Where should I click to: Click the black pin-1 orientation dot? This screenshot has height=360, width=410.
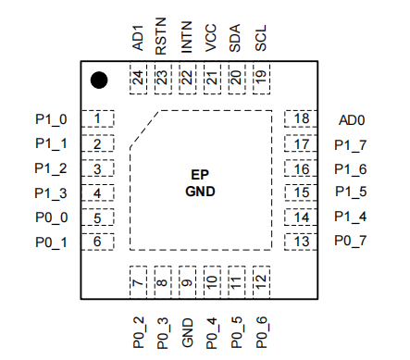pyautogui.click(x=99, y=81)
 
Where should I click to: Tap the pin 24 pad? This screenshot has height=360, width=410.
pyautogui.click(x=138, y=79)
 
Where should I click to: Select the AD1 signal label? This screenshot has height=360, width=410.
pyautogui.click(x=138, y=38)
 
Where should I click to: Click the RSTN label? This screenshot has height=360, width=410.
pyautogui.click(x=161, y=36)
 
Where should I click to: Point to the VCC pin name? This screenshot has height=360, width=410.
pyautogui.click(x=211, y=38)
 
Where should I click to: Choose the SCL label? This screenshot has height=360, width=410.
pyautogui.click(x=261, y=38)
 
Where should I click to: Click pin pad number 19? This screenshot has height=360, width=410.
pyautogui.click(x=261, y=79)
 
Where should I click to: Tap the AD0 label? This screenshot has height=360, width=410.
pyautogui.click(x=352, y=120)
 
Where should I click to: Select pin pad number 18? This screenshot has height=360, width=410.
pyautogui.click(x=301, y=118)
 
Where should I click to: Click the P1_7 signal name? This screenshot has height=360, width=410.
pyautogui.click(x=351, y=145)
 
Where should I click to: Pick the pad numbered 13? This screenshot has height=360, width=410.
pyautogui.click(x=301, y=242)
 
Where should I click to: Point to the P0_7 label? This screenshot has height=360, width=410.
pyautogui.click(x=351, y=241)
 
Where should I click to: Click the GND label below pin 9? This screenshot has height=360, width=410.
pyautogui.click(x=187, y=333)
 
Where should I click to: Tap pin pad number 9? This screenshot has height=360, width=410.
pyautogui.click(x=187, y=282)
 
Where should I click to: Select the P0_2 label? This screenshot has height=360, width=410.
pyautogui.click(x=139, y=332)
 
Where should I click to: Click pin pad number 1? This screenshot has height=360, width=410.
pyautogui.click(x=97, y=118)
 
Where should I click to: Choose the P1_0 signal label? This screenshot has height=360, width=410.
pyautogui.click(x=51, y=119)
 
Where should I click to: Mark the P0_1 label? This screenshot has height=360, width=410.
pyautogui.click(x=51, y=242)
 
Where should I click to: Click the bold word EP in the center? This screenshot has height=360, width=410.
pyautogui.click(x=200, y=175)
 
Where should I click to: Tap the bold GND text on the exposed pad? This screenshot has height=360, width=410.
pyautogui.click(x=200, y=192)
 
